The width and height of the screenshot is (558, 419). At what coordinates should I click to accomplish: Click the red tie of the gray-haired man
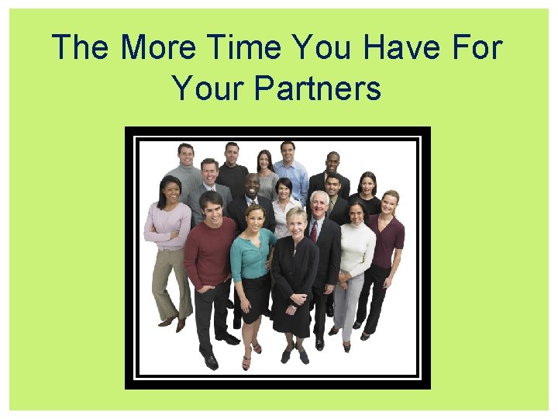[314, 230]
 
